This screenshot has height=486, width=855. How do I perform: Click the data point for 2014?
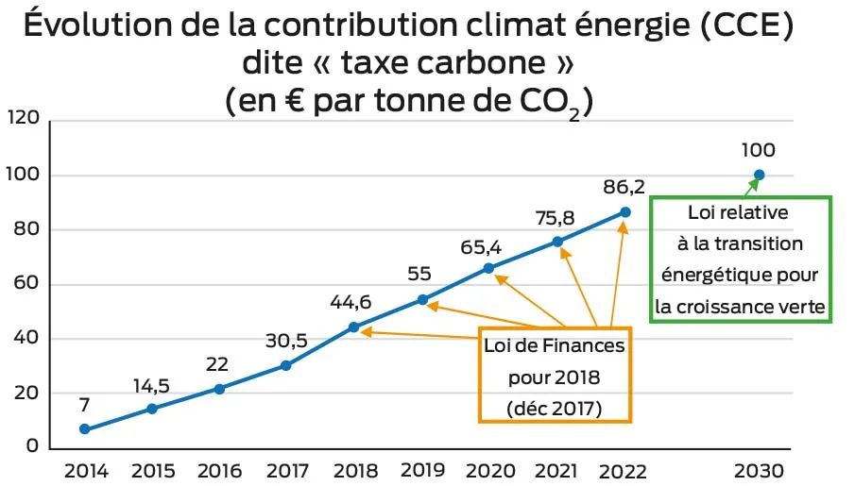pyautogui.click(x=85, y=429)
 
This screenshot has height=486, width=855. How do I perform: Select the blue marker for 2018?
pyautogui.click(x=353, y=327)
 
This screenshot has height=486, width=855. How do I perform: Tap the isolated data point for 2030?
pyautogui.click(x=759, y=174)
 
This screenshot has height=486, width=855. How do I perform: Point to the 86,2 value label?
pyautogui.click(x=624, y=187)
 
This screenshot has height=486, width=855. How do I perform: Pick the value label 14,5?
pyautogui.click(x=151, y=385)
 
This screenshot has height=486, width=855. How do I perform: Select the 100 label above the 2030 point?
pyautogui.click(x=759, y=149)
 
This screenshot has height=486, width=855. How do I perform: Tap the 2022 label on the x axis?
pyautogui.click(x=624, y=471)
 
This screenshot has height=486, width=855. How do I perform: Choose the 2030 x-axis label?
pyautogui.click(x=759, y=471)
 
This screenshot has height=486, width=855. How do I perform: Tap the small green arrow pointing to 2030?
pyautogui.click(x=753, y=185)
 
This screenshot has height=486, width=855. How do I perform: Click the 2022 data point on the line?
pyautogui.click(x=624, y=212)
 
